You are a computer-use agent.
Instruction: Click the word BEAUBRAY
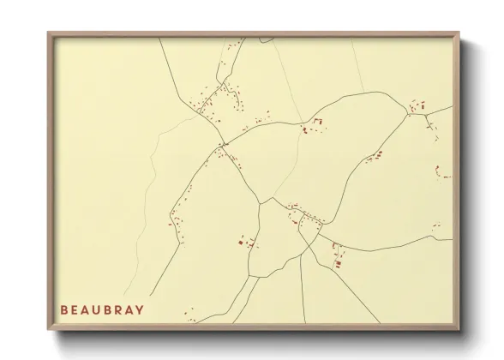102,309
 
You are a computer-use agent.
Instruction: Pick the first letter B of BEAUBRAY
64,309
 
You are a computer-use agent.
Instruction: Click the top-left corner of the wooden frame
48,33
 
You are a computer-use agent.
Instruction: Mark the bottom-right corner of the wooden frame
459,329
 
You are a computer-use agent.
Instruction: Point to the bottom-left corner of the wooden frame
48,329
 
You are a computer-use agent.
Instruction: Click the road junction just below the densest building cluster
222,144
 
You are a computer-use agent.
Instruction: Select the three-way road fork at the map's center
260,203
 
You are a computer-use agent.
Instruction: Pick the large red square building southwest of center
241,243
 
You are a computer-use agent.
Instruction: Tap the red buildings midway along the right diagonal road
375,157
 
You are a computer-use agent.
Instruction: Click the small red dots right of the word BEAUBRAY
191,315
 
